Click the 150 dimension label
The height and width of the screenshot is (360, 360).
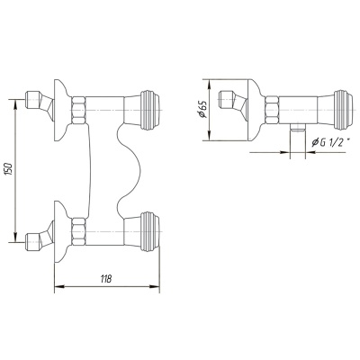point(8,170)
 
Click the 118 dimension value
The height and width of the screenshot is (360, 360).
point(106,279)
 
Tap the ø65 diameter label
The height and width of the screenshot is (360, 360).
point(202,110)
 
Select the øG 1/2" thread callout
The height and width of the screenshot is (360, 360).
point(331,143)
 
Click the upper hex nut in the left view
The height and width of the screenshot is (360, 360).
point(78,110)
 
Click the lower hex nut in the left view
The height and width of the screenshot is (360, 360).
point(78,232)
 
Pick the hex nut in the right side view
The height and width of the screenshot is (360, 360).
point(273,110)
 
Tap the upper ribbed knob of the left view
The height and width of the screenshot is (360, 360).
point(150,110)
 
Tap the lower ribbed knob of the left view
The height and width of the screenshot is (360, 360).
point(150,231)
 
